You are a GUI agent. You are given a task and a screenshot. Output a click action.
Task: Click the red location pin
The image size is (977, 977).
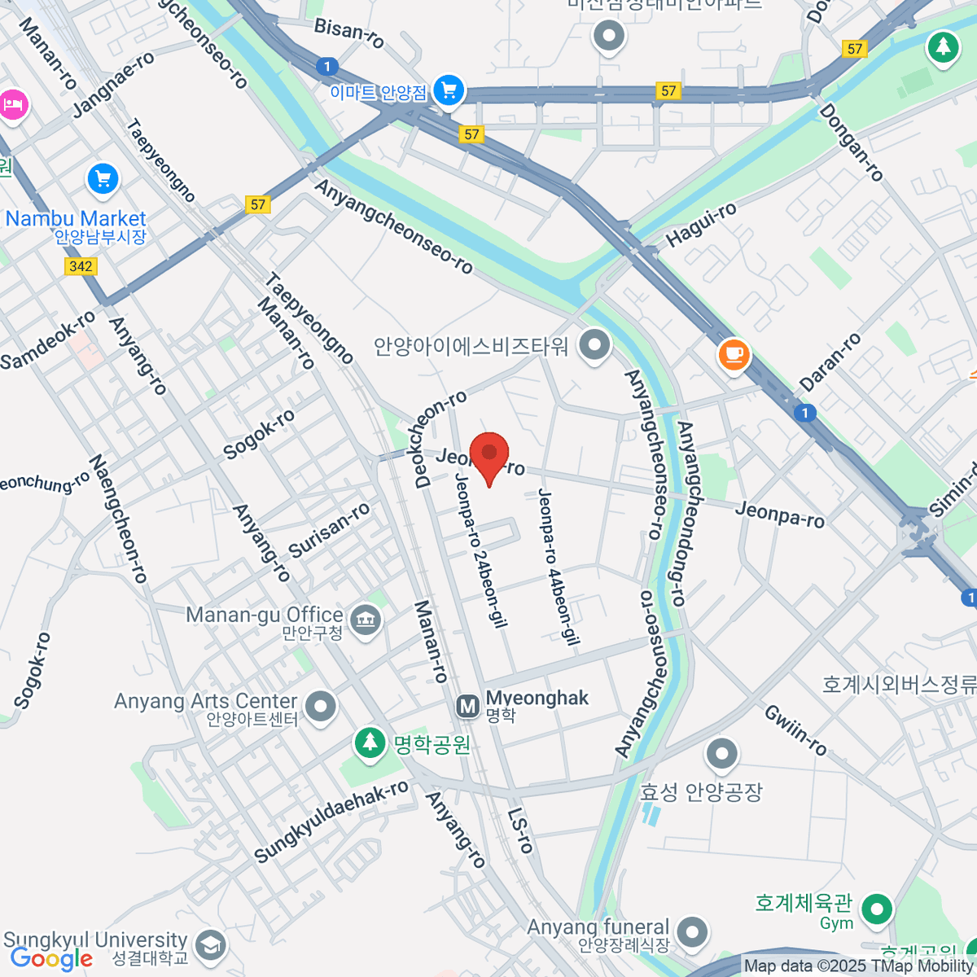click(488, 455)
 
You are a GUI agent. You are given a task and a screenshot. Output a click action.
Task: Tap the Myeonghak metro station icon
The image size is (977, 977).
click(468, 707)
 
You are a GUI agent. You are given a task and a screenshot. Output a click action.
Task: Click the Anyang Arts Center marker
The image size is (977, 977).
click(320, 706)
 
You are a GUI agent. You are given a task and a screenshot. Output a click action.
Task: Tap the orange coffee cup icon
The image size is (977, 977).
click(734, 355)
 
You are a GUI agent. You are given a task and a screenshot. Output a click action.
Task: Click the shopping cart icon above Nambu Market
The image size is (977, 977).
click(103, 180)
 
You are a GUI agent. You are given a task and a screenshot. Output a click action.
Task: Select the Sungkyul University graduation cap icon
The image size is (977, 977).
click(211, 946)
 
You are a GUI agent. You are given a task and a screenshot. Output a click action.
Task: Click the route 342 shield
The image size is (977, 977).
click(81, 266)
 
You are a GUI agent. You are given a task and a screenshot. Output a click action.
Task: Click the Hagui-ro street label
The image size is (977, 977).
click(701, 226)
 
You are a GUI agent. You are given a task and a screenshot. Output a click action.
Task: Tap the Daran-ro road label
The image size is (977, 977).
click(830, 361)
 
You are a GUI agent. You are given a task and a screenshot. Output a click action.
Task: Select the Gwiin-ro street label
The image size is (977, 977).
click(795, 729)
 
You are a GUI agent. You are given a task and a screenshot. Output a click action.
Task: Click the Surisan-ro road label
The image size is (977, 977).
click(329, 530)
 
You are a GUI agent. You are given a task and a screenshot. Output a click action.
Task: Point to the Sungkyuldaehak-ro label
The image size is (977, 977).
click(331, 821)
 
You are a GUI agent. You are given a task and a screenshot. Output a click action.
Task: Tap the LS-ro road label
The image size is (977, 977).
click(519, 830)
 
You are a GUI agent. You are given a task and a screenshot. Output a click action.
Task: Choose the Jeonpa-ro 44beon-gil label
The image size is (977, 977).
click(558, 567)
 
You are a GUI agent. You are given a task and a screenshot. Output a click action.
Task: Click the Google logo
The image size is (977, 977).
click(51, 959)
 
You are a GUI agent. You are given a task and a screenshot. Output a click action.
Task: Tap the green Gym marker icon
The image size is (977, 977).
click(876, 909)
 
